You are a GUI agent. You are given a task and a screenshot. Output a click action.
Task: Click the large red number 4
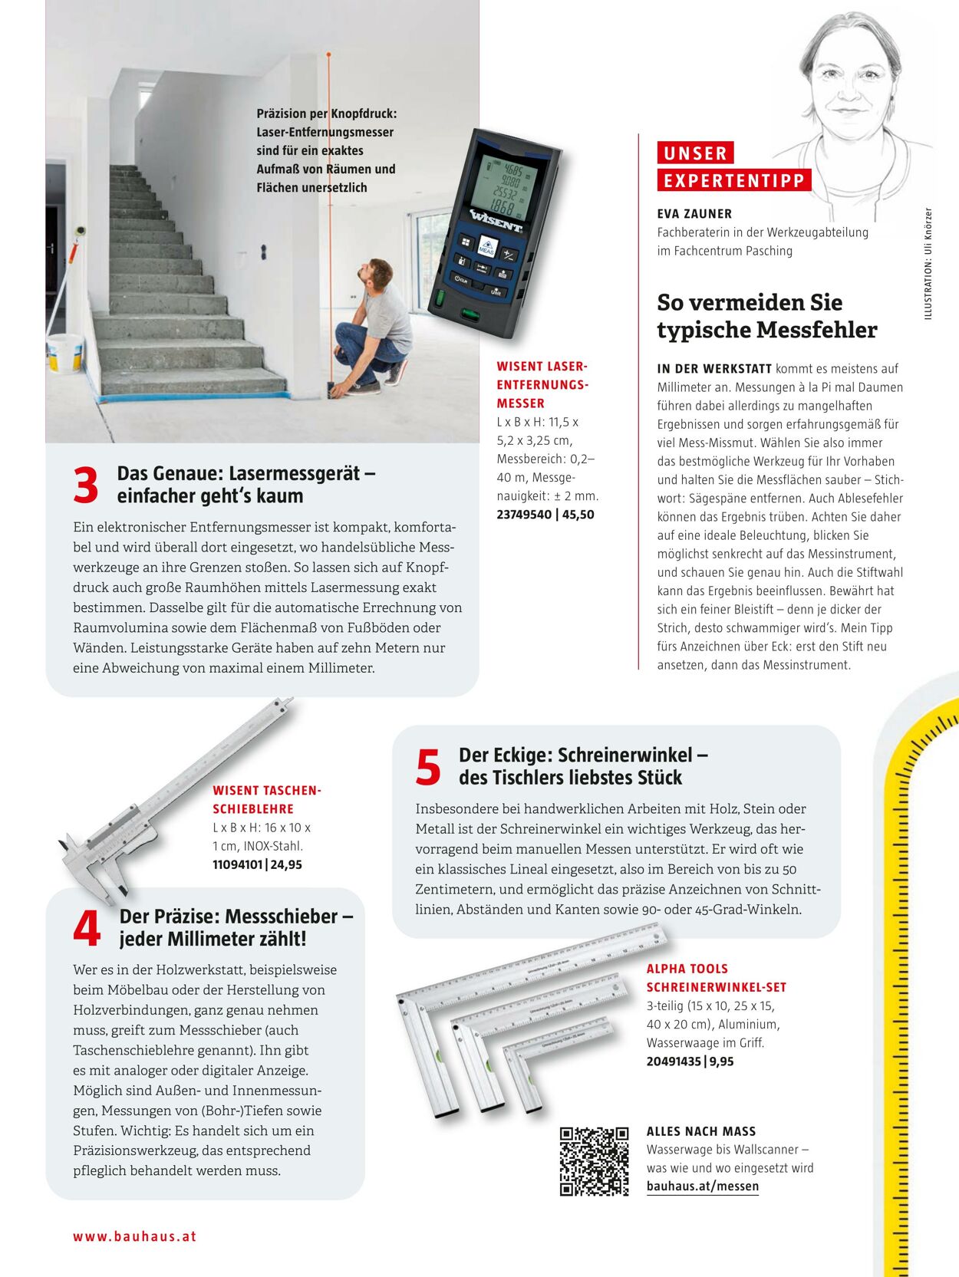pos(87,928)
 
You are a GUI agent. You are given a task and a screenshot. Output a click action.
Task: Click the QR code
pos(594,1161)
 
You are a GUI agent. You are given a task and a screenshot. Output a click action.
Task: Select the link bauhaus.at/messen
pos(702,1186)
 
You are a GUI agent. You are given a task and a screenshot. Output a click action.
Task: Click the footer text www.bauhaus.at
pos(135,1236)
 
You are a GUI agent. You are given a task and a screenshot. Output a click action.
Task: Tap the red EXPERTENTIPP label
pos(733,181)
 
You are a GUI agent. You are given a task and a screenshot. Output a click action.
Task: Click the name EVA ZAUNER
pos(694,214)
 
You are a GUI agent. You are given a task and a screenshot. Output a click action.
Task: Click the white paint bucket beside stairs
pos(64,353)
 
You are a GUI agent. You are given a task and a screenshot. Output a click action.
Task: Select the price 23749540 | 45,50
pos(545,515)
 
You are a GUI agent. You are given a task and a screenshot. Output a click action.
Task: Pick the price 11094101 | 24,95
pos(257,864)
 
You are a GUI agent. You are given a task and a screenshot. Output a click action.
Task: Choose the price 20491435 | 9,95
pos(690,1061)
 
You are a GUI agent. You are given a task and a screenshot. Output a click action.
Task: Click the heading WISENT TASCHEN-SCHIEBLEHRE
pos(266,799)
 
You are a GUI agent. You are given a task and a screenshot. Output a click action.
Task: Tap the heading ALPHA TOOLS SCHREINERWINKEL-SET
pos(716,978)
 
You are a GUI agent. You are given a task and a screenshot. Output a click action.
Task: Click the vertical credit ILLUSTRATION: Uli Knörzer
pos(928,264)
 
